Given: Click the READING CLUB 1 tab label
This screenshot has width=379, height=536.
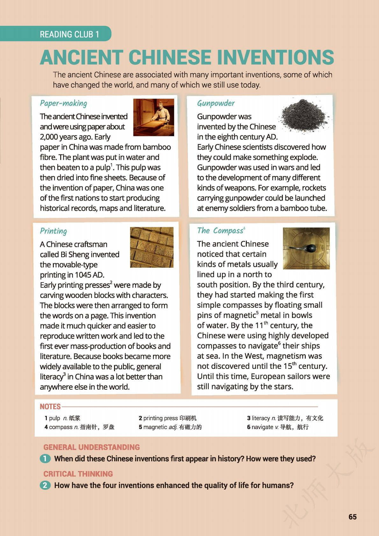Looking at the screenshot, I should pyautogui.click(x=69, y=34).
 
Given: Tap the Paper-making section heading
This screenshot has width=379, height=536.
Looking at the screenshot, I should pyautogui.click(x=63, y=103).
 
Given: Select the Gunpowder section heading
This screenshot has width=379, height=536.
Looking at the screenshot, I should pyautogui.click(x=216, y=103).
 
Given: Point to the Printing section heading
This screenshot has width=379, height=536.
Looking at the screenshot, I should pyautogui.click(x=53, y=231).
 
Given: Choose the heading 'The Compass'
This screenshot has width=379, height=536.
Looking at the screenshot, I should pyautogui.click(x=220, y=230).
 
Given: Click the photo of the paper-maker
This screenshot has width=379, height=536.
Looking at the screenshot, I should pyautogui.click(x=154, y=117).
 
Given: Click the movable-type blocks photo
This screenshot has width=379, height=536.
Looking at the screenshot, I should pyautogui.click(x=152, y=247).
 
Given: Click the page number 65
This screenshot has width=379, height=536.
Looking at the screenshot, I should pyautogui.click(x=353, y=517).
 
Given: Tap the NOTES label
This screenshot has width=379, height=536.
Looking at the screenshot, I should pyautogui.click(x=50, y=406).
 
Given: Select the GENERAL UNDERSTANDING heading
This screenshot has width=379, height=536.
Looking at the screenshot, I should pyautogui.click(x=91, y=447).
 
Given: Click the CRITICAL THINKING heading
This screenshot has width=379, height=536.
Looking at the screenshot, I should pyautogui.click(x=78, y=474).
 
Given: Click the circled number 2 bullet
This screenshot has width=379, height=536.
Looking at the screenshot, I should pyautogui.click(x=45, y=485).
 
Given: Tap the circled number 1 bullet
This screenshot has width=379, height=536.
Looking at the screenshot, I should pyautogui.click(x=45, y=459).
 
